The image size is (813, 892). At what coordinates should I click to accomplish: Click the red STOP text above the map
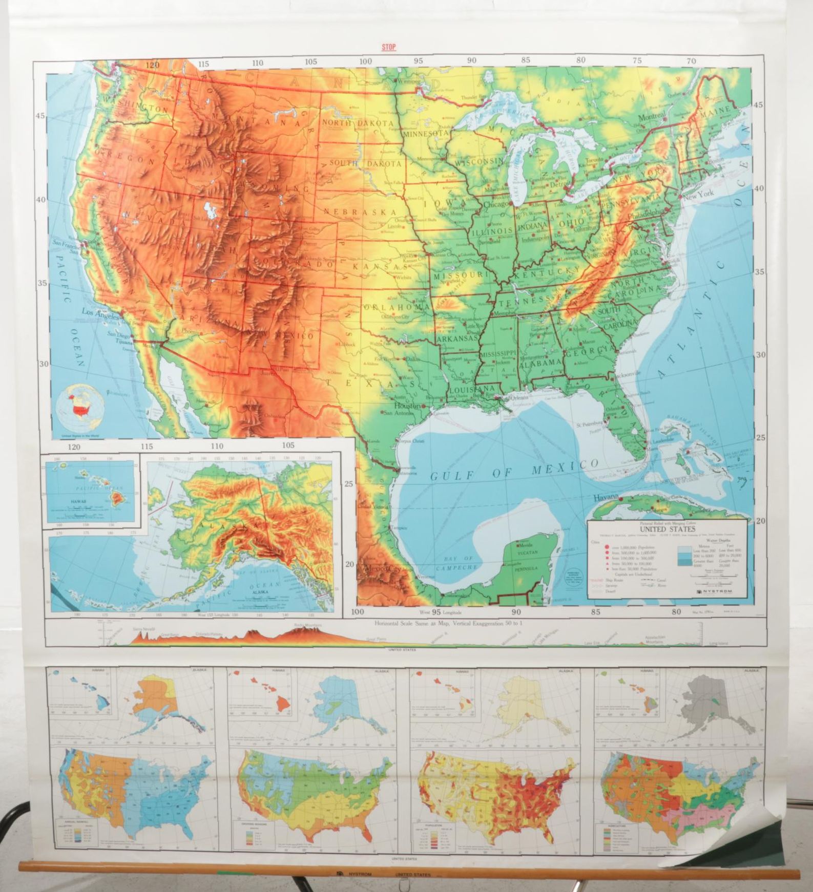(389, 48)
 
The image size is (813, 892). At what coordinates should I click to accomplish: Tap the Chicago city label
(496, 204)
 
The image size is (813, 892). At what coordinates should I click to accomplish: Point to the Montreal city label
(651, 117)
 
